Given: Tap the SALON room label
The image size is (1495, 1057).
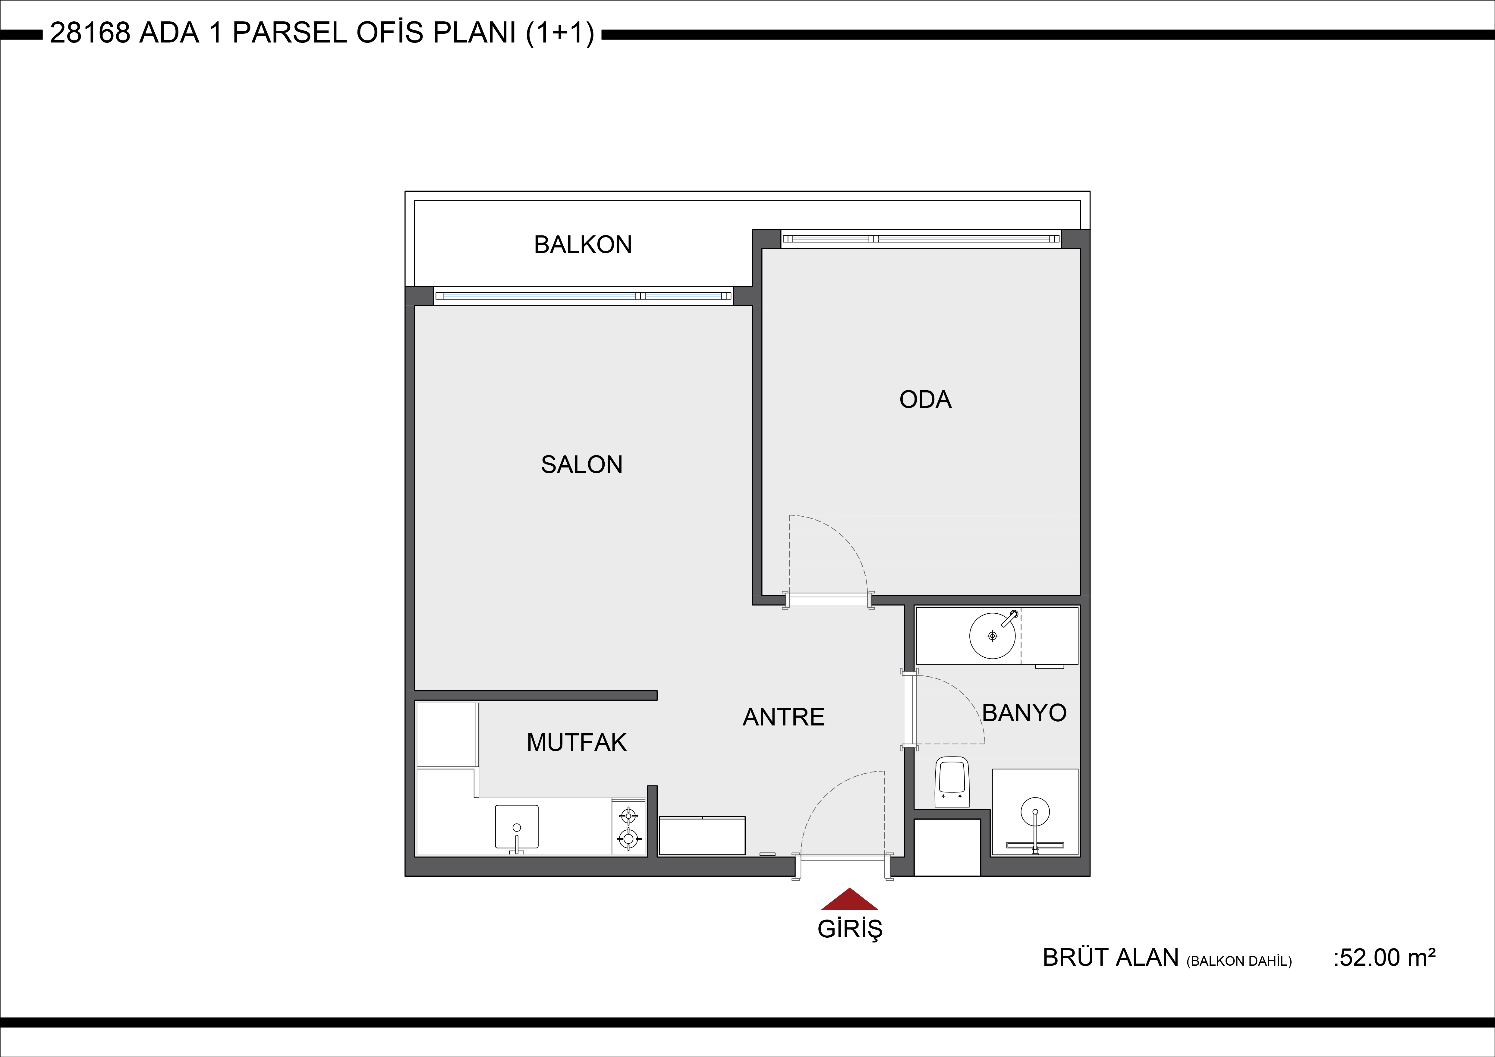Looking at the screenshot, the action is pyautogui.click(x=581, y=464).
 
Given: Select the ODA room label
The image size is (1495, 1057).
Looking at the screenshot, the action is pyautogui.click(x=925, y=399).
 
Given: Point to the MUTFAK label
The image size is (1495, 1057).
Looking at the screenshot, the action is pyautogui.click(x=576, y=742).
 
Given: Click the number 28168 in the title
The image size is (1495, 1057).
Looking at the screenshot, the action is pyautogui.click(x=90, y=33).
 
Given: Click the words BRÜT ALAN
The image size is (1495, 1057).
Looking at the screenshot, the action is pyautogui.click(x=1111, y=957).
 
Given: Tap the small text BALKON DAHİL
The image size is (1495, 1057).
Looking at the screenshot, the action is pyautogui.click(x=1239, y=961).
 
